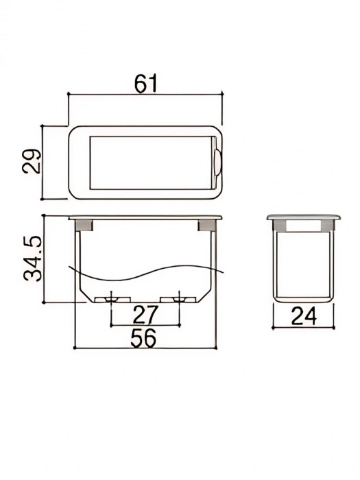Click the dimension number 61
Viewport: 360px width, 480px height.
tap(146, 83)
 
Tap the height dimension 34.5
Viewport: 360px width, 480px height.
tap(32, 259)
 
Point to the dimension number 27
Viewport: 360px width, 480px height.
tap(145, 315)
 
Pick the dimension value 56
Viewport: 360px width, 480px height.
tap(144, 337)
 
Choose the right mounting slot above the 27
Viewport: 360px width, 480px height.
tap(180, 299)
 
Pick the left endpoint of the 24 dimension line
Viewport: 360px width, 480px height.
tap(274, 326)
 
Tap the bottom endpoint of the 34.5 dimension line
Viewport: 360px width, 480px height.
tap(43, 302)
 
